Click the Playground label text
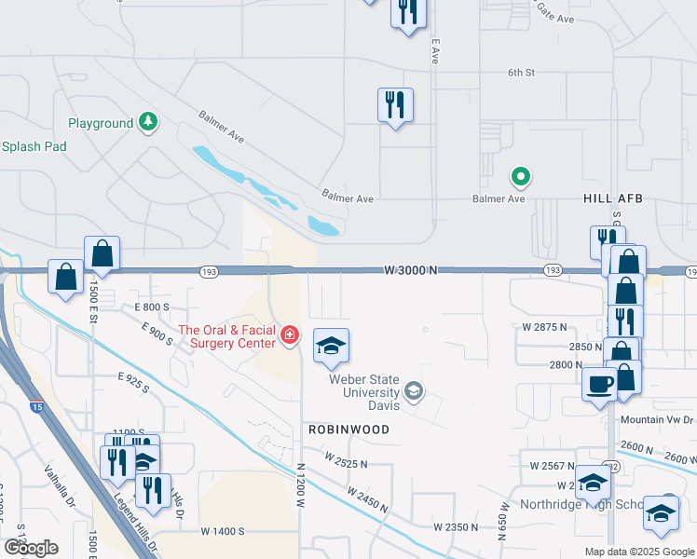coord(101,123)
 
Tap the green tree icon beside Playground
coord(147,121)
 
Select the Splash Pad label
coord(34,146)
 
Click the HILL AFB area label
coord(613,199)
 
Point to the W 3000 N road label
coord(411,269)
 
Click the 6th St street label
coord(521,72)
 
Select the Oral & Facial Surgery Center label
coord(228,335)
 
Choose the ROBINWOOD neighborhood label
coord(347,429)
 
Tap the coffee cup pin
coord(600,383)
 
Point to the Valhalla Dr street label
coord(59,486)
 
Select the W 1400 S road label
coord(222,531)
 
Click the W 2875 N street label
coord(545,328)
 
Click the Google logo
coord(31,548)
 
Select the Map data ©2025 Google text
coord(638,552)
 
